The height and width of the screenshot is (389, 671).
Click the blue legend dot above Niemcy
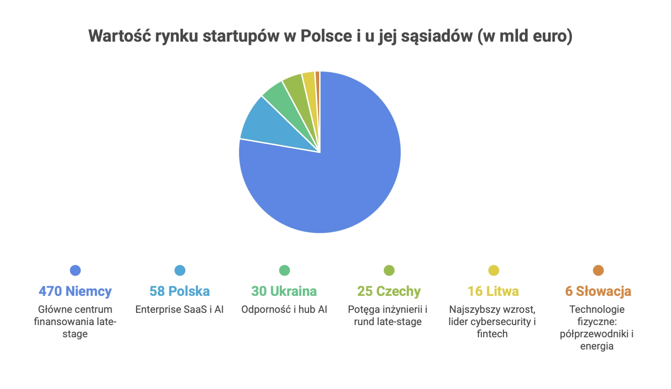coord(75,270)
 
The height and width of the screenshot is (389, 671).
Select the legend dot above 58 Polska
coord(180,270)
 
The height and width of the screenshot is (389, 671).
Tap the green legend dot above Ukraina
coord(284,270)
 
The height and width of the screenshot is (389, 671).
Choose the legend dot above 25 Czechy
coord(389,270)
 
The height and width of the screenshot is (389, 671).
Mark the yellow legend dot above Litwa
coord(494,270)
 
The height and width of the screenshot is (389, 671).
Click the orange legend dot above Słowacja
coord(598,270)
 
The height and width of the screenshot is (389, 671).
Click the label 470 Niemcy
coord(75,291)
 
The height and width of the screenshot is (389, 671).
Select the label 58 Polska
coord(180,291)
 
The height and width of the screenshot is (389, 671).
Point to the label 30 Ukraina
coord(284,291)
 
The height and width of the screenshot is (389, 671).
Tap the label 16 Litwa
coord(493,291)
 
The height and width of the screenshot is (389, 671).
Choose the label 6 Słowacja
coord(598,291)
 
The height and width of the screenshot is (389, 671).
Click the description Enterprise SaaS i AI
coord(179,309)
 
